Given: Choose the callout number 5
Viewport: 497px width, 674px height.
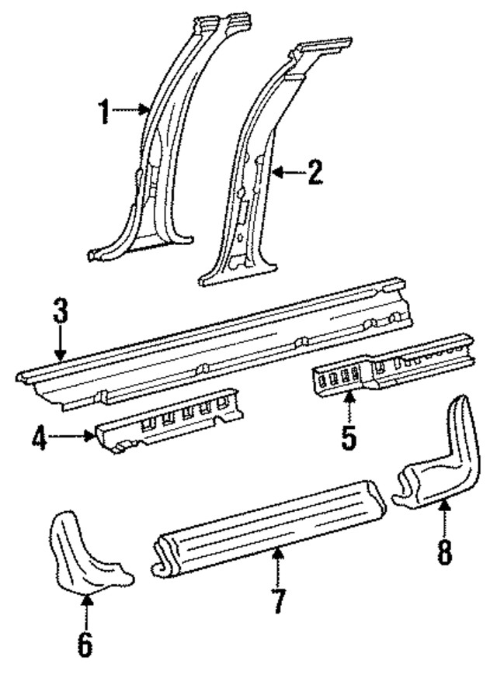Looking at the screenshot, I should (349, 437).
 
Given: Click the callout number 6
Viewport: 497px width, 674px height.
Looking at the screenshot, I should (85, 643).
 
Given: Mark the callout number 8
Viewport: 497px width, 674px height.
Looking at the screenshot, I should (443, 553).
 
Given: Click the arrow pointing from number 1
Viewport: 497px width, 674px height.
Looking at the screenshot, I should (130, 112).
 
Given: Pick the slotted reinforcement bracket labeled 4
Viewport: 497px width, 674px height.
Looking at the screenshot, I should (171, 423).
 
